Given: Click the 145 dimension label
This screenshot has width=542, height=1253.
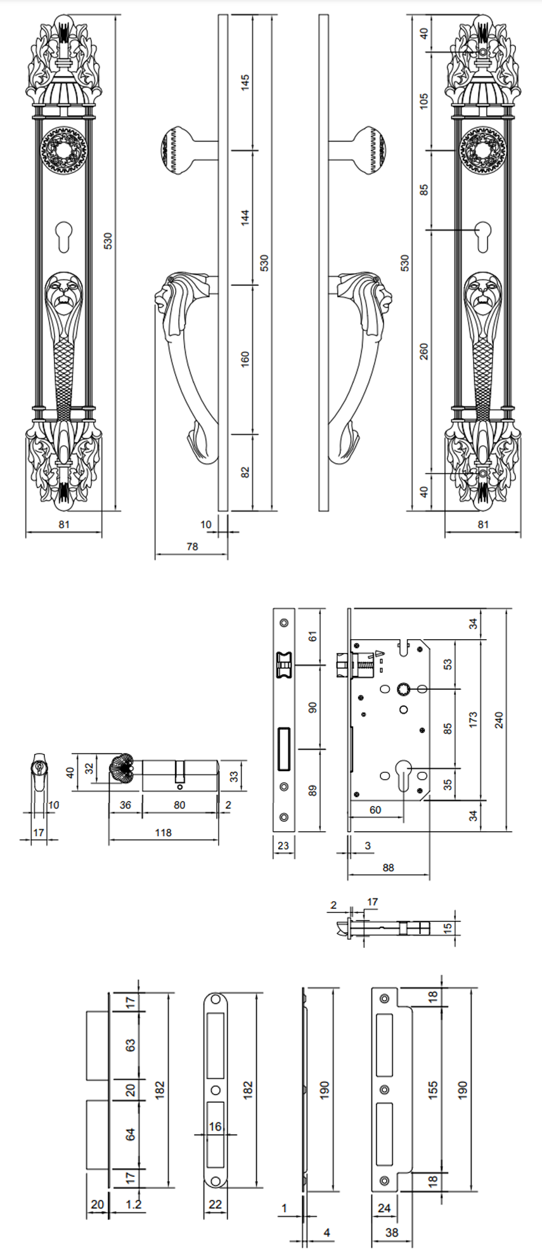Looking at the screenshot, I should click(245, 82).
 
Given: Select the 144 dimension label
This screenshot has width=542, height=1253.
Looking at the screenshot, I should click(245, 217).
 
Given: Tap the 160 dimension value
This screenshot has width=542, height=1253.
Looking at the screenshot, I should click(245, 359).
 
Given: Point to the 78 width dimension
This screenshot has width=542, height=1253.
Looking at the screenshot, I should click(192, 546).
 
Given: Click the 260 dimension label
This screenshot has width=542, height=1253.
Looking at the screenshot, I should click(424, 351).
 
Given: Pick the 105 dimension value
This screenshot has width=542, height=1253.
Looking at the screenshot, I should click(424, 100).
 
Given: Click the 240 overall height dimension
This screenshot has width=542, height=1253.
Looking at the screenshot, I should click(499, 720).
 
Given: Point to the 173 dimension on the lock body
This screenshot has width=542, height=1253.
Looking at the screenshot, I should click(473, 720).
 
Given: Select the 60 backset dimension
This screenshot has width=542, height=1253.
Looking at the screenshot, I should click(375, 810).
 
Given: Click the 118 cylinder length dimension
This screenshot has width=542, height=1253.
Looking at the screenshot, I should click(163, 833).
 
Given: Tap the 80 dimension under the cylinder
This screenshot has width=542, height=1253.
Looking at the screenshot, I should click(179, 805).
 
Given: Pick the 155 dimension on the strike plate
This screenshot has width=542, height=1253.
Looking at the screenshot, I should click(432, 1090).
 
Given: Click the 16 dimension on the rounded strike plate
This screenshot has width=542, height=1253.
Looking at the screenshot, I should click(216, 1126).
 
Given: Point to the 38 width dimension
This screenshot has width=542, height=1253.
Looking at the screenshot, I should click(392, 1232).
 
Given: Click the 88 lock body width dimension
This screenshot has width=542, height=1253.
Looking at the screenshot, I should click(388, 867).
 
